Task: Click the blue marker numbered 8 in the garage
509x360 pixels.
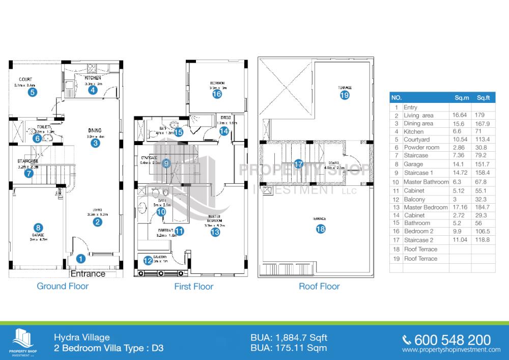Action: tap(37, 228)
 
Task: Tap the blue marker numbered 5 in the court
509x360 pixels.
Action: tap(32, 92)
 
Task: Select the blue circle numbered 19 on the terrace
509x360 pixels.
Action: tap(345, 95)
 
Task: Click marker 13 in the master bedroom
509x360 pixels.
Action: tap(215, 232)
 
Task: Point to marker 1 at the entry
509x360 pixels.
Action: tap(80, 258)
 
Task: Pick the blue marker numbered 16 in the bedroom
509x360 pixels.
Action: tap(217, 94)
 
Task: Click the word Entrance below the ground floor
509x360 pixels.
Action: tap(88, 273)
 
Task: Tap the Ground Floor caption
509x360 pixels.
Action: tap(63, 286)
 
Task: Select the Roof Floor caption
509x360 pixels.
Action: tap(319, 286)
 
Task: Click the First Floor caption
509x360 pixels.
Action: tap(194, 286)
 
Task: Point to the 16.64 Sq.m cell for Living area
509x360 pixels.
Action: tap(461, 116)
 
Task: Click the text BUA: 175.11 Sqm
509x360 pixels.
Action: tap(289, 348)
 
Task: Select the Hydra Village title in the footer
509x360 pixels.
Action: tap(82, 338)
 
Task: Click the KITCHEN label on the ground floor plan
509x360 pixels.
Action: tap(93, 78)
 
